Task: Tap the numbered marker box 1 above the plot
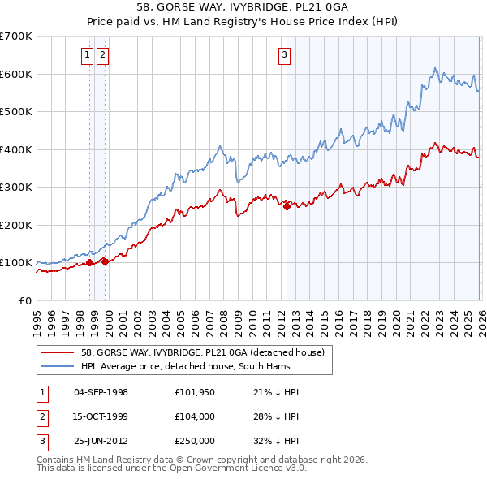(87, 55)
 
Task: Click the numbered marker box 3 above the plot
(285, 55)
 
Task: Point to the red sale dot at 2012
(287, 206)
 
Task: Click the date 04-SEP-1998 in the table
(101, 392)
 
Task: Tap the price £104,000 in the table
(194, 416)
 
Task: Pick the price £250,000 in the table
(194, 441)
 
